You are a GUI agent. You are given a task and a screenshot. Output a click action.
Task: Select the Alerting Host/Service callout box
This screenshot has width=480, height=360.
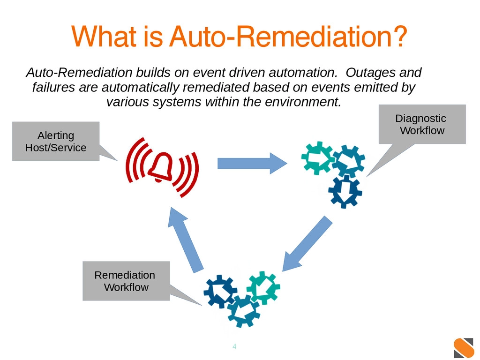click(56, 142)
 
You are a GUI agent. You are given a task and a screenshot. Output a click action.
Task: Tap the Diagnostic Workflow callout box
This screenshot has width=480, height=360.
click(422, 124)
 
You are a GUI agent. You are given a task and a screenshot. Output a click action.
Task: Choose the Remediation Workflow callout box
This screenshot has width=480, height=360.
click(126, 281)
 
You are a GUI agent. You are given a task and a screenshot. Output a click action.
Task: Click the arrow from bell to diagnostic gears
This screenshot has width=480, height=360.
click(252, 164)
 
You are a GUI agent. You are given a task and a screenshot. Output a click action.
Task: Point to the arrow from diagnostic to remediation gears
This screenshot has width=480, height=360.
click(307, 244)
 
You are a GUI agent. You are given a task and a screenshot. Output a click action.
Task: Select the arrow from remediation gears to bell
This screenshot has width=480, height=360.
click(185, 240)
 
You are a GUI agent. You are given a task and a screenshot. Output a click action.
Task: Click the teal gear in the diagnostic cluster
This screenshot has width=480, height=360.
click(317, 158)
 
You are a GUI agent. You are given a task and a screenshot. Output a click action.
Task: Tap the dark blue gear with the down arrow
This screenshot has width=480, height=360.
click(345, 192)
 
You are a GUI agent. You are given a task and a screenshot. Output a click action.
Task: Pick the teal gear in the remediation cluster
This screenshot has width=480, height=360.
click(263, 287)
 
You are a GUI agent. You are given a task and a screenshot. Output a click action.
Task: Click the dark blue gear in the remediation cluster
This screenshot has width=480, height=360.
click(220, 292)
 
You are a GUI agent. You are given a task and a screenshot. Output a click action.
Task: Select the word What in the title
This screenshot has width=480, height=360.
click(104, 37)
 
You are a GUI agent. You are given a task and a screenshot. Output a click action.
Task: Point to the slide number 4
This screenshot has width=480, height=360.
click(234, 346)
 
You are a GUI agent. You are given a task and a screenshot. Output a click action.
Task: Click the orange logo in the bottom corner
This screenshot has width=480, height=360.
click(464, 348)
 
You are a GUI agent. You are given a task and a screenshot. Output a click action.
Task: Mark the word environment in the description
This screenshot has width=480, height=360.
click(303, 102)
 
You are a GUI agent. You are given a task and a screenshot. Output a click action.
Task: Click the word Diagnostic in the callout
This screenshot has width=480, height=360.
click(420, 119)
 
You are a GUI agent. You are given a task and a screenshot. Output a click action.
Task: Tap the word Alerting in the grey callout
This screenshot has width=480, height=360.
click(56, 135)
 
